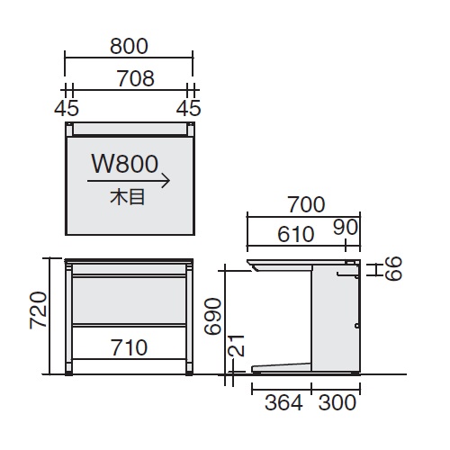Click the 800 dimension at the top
(129, 46)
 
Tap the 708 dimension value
(136, 78)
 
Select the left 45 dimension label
(67, 108)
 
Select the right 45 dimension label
(188, 108)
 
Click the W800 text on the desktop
(125, 164)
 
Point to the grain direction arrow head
(166, 181)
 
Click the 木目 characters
(128, 197)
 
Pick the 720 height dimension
(39, 310)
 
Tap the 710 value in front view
(130, 347)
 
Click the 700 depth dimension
(306, 204)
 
